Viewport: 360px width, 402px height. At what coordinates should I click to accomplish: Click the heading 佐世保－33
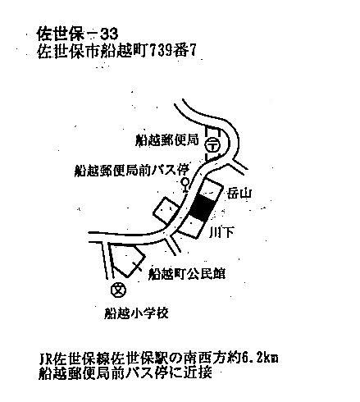77,34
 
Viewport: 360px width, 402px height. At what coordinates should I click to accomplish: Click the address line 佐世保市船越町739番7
116,51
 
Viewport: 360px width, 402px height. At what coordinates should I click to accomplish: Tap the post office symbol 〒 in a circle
212,144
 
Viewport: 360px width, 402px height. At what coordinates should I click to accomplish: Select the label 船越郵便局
166,140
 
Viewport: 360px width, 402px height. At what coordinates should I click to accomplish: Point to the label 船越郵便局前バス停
132,171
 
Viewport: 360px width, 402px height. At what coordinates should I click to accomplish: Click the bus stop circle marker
185,181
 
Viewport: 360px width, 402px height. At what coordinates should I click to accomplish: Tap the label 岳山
239,194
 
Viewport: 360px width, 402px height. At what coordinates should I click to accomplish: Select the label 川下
221,232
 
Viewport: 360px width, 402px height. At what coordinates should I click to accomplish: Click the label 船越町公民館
187,274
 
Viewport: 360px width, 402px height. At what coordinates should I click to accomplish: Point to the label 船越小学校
136,313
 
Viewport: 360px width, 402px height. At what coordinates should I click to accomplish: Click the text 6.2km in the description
260,358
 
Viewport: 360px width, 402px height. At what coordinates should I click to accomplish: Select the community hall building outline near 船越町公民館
126,258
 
